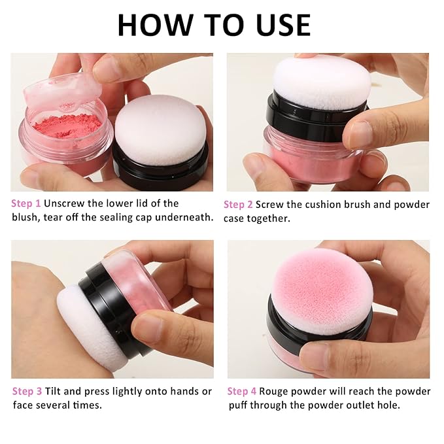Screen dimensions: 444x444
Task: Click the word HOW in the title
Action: (x=156, y=25)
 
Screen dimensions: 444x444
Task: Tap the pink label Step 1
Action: (x=26, y=203)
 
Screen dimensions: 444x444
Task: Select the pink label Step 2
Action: (x=238, y=205)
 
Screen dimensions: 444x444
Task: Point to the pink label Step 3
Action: (x=27, y=391)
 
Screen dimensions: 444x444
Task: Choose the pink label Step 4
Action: (x=241, y=391)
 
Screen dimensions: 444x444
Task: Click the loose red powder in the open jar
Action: (x=67, y=126)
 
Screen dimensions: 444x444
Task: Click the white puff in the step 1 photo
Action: (x=160, y=129)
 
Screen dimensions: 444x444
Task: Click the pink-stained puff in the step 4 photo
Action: (x=321, y=292)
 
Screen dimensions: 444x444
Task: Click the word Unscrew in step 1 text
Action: (x=64, y=203)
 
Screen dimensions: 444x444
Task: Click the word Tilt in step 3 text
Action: (x=53, y=391)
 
